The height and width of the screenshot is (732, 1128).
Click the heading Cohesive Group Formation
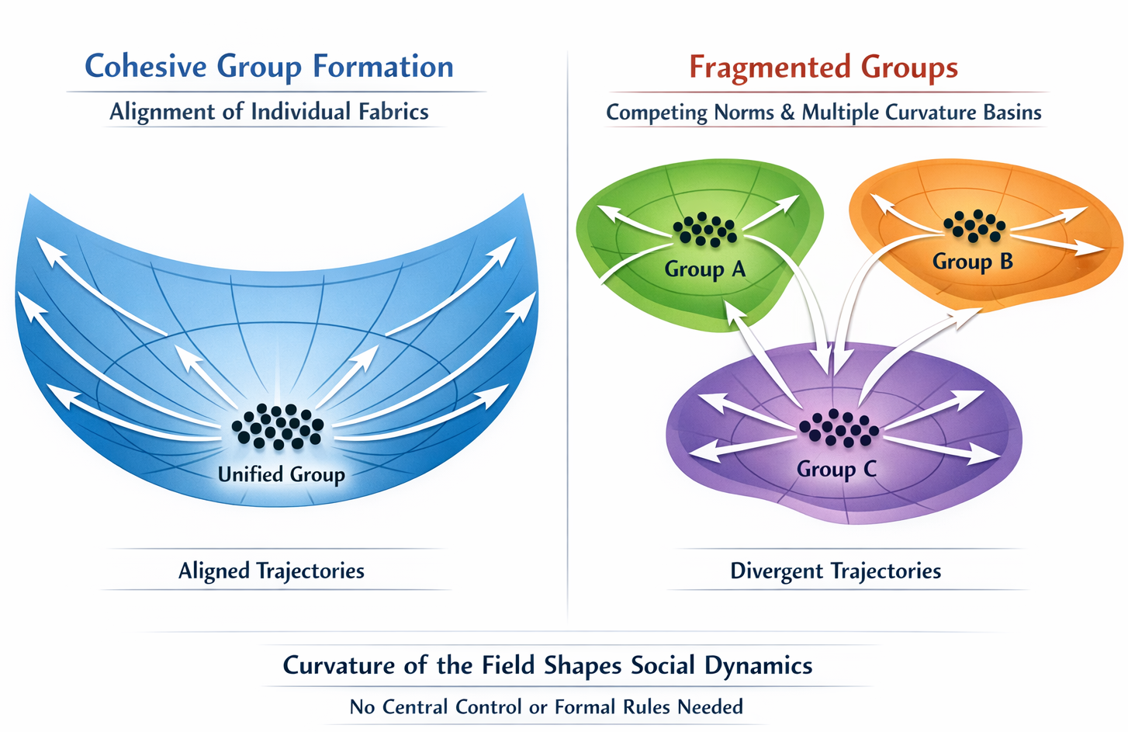point(268,67)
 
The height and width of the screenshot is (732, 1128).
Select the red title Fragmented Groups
point(823,68)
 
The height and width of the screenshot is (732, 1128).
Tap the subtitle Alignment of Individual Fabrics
point(268,112)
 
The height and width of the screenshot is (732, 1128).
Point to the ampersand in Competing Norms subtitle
point(787,113)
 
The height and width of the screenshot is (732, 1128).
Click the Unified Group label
point(281,474)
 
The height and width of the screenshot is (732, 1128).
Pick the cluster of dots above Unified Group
point(277,426)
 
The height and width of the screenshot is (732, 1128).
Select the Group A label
point(704,269)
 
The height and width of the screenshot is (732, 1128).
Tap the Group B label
point(972,262)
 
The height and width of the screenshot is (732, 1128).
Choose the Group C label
point(836,469)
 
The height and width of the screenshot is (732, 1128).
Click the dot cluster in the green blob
point(704,230)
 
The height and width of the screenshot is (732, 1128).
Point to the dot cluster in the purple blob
point(839,427)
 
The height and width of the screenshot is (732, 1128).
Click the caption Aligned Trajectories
point(271,571)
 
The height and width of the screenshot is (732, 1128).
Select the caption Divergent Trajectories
point(836,571)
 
